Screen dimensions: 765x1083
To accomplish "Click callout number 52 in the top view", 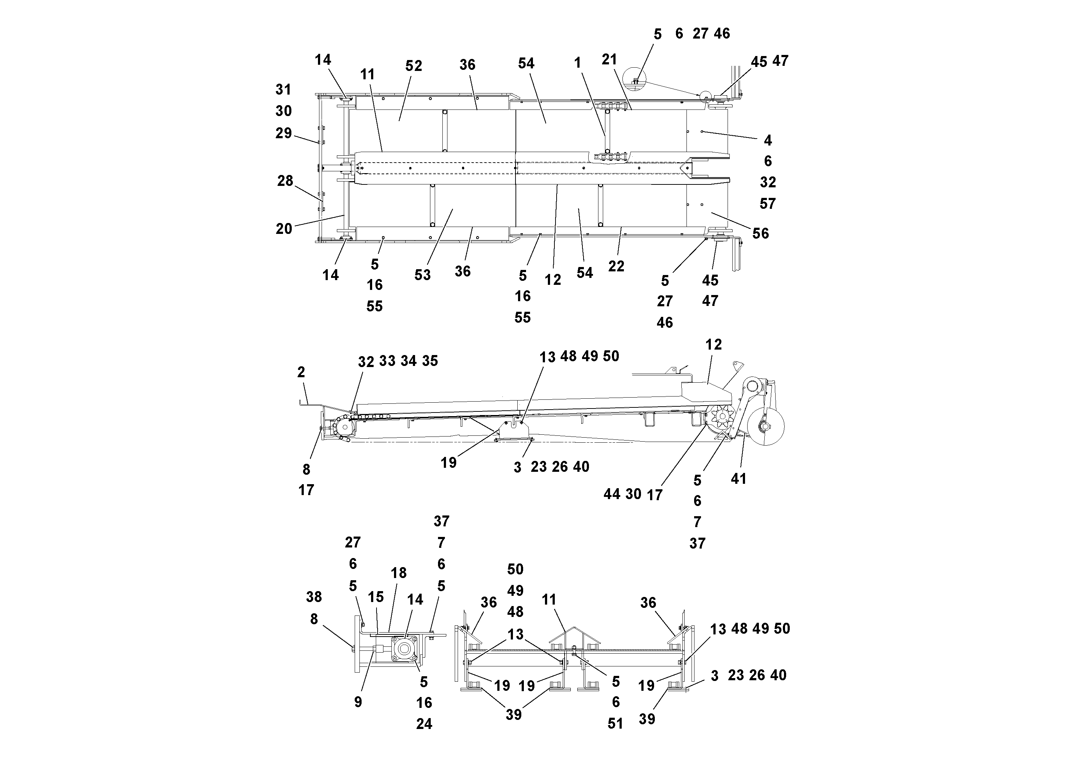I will (x=413, y=66).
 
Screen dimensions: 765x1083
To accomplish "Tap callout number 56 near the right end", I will (x=760, y=234).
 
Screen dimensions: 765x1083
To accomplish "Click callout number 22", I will (x=616, y=267).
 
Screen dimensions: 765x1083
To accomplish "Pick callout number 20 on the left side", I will (x=284, y=229).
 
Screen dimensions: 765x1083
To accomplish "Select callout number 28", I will (x=285, y=181).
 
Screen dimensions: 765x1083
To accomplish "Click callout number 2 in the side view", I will (x=301, y=372).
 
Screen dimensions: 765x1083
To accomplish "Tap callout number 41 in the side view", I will (x=738, y=479).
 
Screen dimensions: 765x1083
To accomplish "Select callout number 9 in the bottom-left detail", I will (x=358, y=702).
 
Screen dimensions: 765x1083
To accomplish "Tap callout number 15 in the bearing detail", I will (x=375, y=597).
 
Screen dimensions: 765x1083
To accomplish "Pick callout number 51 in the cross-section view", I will (x=615, y=724).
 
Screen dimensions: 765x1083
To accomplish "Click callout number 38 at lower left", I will (x=314, y=597).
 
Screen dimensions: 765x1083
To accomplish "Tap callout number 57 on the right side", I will (x=768, y=204).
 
